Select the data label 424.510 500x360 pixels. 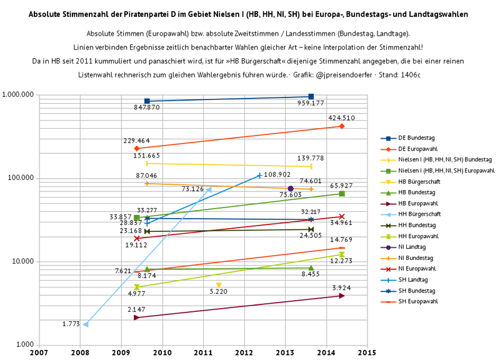coord(341,117)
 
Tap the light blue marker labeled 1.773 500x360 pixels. coord(86,324)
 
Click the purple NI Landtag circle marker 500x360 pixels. coord(291,189)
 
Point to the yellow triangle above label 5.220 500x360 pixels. coord(219,286)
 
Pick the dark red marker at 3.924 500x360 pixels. coord(342,296)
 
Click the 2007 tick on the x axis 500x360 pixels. coord(39,353)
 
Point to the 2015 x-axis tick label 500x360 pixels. coord(367,353)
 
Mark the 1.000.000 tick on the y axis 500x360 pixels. coord(18,95)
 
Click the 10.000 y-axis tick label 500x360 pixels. coord(22,261)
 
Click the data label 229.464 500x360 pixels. coord(137,141)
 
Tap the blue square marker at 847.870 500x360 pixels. coord(147,101)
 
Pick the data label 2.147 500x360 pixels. coord(137,310)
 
